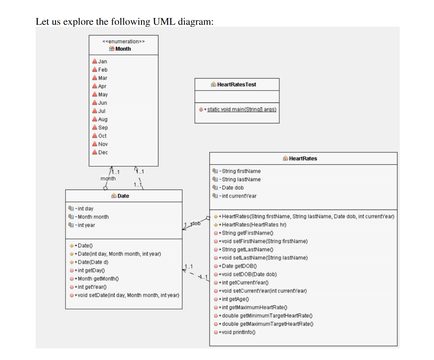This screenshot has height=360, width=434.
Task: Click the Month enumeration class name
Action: point(123,49)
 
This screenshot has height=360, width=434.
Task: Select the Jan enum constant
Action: point(103,61)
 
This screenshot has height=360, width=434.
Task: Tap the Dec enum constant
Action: point(103,152)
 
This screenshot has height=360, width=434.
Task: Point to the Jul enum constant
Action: point(102,111)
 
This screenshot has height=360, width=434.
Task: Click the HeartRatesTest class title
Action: point(236,84)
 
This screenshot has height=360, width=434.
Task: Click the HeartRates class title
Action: point(303,158)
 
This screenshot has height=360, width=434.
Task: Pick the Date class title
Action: point(123,196)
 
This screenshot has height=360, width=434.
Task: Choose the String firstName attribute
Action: point(241,171)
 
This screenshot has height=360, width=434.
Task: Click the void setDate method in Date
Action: point(126,295)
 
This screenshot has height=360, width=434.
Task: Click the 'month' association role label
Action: point(108,179)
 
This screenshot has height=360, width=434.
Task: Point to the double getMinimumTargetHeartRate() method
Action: point(270,316)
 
